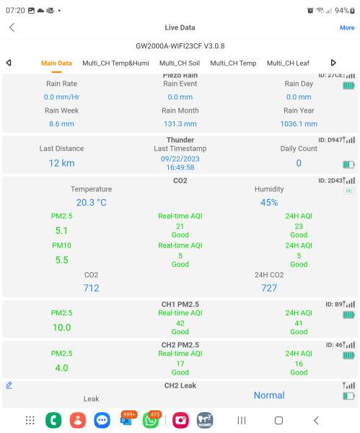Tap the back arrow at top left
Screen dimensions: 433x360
tap(12, 27)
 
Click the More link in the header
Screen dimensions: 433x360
tap(347, 27)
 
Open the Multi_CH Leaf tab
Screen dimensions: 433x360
tap(288, 63)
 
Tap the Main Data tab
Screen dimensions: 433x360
tap(56, 63)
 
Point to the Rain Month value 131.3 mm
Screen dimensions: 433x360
tap(180, 124)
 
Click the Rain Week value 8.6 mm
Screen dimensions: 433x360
tap(61, 124)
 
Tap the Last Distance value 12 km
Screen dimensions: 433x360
tap(61, 163)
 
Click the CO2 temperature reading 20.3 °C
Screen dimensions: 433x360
tap(91, 203)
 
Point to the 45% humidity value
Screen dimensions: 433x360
tap(268, 203)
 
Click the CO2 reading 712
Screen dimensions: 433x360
tap(91, 288)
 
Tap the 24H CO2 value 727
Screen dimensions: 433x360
tap(268, 288)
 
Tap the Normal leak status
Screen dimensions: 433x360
tap(268, 395)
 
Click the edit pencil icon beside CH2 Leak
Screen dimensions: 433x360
tap(9, 385)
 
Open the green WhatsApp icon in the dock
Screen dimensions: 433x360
tap(150, 420)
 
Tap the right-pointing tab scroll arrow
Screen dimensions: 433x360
tap(333, 63)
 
